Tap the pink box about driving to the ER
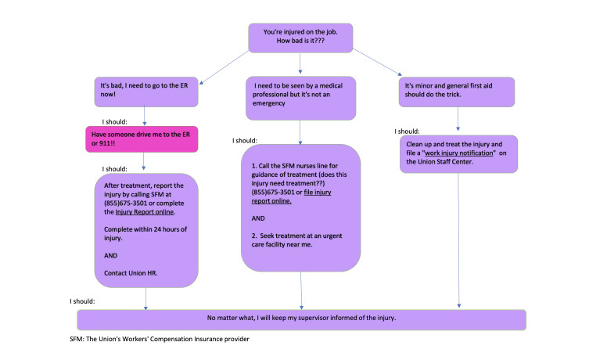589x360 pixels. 141,139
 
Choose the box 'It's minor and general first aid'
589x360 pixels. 457,92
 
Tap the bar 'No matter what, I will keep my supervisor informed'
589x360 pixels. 300,319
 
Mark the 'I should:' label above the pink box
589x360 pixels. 117,121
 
